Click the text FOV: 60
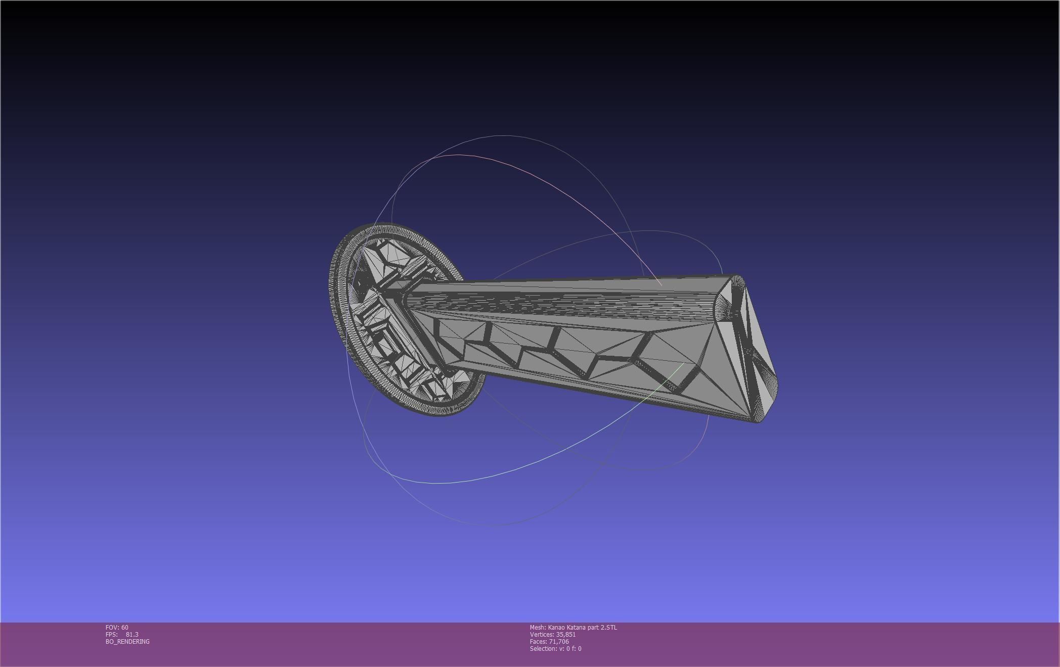[x=117, y=627]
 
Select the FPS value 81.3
[x=132, y=634]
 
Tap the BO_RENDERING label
[x=127, y=641]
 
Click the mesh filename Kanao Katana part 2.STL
[x=582, y=627]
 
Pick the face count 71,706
[x=558, y=641]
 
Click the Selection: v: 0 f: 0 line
[x=555, y=648]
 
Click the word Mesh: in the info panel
[x=538, y=627]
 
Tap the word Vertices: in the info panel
[x=542, y=634]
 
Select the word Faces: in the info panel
[x=539, y=641]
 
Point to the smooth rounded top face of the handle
[x=556, y=298]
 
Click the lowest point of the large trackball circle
[x=498, y=525]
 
